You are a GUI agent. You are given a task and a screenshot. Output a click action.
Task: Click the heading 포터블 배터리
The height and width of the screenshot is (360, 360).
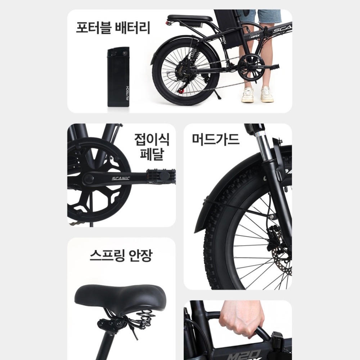(113, 28)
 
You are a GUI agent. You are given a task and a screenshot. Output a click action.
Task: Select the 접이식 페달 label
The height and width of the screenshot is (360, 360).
(152, 147)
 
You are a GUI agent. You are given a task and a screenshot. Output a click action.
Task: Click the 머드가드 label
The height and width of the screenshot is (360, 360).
(216, 139)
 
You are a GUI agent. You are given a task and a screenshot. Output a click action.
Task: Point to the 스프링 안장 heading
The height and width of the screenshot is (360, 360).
(121, 255)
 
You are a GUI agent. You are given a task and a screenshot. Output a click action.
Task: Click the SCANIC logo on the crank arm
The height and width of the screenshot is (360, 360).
(121, 178)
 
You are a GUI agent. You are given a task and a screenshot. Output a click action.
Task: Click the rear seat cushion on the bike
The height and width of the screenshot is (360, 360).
(190, 18)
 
